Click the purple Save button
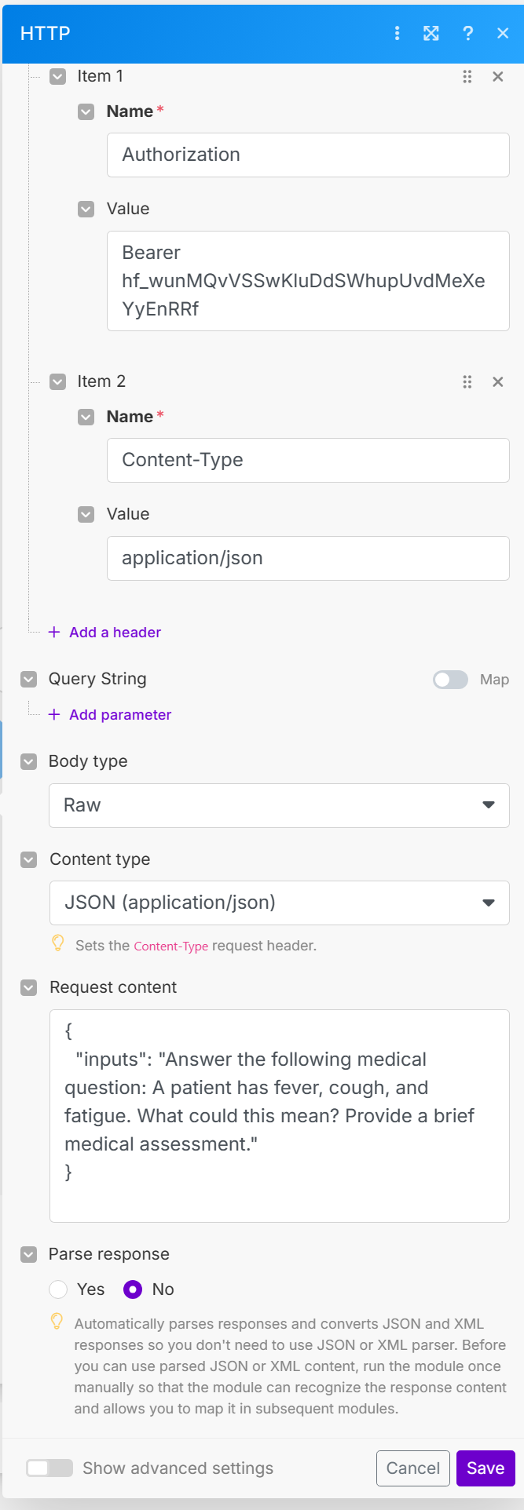[x=485, y=1468]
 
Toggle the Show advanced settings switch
[x=49, y=1468]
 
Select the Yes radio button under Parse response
[x=59, y=1289]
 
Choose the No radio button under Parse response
[x=133, y=1289]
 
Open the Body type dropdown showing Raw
[x=279, y=805]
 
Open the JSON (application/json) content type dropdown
[x=279, y=903]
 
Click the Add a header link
[x=115, y=633]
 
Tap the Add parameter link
[x=119, y=715]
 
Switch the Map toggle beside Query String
[x=451, y=680]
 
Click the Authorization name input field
[x=308, y=155]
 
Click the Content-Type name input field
[x=308, y=460]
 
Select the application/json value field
[x=308, y=558]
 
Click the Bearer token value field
[x=308, y=281]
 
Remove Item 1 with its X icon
[x=497, y=77]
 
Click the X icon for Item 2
[x=497, y=382]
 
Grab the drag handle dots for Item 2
[x=467, y=382]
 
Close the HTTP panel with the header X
[x=504, y=33]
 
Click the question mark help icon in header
[x=468, y=33]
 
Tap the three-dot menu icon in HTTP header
[x=398, y=33]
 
